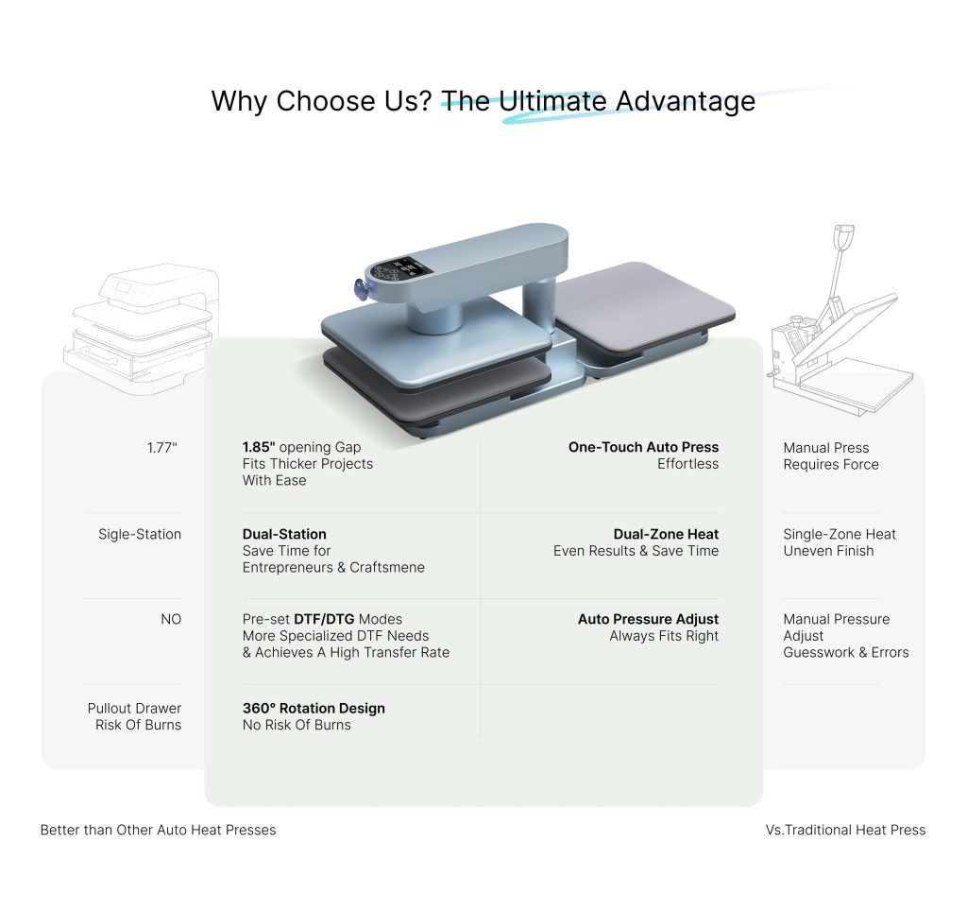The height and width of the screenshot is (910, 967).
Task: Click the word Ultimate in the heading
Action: coord(552,101)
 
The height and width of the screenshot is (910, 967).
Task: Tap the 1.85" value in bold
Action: coord(259,447)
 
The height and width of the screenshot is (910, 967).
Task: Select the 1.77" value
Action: coord(162,448)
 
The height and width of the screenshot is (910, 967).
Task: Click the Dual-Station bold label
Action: coord(284,534)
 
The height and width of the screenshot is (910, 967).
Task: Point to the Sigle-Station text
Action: coord(140,534)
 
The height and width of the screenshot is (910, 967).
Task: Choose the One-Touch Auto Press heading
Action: coord(643,447)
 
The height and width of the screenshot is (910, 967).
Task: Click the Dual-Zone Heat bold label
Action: coord(666,534)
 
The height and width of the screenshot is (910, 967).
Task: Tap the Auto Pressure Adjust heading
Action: coord(648,619)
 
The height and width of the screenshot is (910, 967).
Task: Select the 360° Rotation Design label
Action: coord(314,709)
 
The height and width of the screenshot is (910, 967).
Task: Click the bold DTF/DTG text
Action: coord(325,619)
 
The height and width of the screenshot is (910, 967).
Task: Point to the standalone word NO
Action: coord(171,619)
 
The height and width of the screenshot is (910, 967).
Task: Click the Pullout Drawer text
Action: coord(134,709)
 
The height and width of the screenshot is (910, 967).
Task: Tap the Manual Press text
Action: coord(825,448)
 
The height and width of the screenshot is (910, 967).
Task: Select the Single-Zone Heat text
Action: coord(840,534)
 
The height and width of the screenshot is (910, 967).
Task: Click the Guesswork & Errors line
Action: coord(846,653)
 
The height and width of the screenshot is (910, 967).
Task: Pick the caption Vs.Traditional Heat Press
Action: coord(845,831)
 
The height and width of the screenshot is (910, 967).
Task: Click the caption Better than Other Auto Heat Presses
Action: coord(158,831)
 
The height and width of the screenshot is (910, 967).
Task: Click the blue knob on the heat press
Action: coord(360,289)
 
